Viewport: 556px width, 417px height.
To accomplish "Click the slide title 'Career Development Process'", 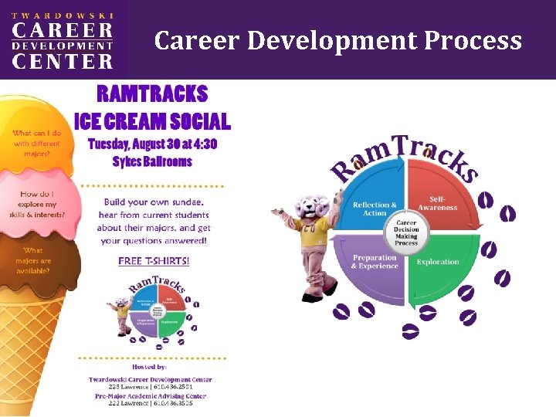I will (338, 39).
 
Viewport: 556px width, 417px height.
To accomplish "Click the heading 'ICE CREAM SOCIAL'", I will (152, 121).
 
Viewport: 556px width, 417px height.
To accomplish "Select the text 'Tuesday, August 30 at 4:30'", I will (152, 144).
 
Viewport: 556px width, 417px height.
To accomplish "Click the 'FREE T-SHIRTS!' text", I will (154, 261).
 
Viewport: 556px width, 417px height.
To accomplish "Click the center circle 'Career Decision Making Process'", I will (406, 231).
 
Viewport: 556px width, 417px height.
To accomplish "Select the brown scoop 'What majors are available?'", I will (34, 260).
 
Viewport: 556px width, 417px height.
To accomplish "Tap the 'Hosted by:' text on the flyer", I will (150, 367).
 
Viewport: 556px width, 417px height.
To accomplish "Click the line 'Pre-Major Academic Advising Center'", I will (150, 396).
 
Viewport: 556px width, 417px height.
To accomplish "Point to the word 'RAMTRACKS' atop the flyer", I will (152, 95).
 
